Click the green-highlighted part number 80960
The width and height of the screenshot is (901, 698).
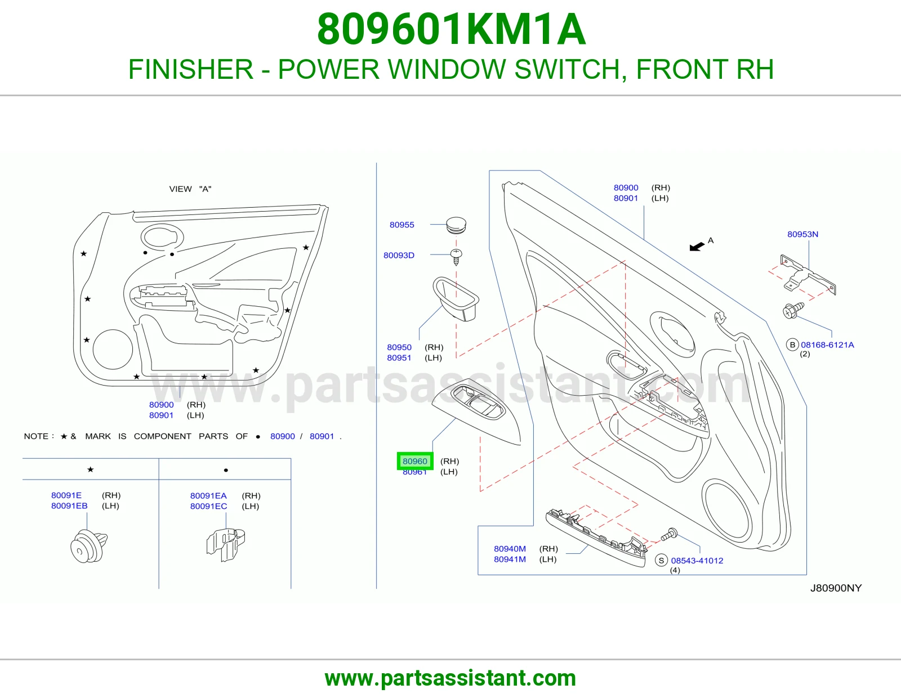click(x=414, y=461)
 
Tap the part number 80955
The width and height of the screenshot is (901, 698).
click(x=402, y=225)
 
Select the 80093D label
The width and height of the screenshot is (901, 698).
click(x=399, y=256)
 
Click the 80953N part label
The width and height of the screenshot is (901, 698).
click(x=802, y=234)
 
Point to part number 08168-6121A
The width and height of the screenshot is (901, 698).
click(x=827, y=345)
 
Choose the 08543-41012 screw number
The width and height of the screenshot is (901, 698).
click(x=697, y=561)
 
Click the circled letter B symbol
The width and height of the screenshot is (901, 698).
click(x=792, y=345)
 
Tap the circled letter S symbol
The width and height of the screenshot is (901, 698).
click(x=661, y=561)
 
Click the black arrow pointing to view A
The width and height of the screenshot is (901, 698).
click(x=697, y=247)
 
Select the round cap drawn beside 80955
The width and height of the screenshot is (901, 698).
click(x=456, y=225)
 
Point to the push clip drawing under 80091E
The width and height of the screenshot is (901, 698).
click(x=89, y=545)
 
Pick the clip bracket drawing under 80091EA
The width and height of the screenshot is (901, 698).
click(x=226, y=545)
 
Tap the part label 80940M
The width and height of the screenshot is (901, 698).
click(x=510, y=548)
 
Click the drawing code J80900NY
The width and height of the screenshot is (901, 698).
click(x=836, y=588)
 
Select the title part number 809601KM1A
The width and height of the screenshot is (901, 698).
click(x=451, y=29)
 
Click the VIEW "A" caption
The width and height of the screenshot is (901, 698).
click(x=190, y=189)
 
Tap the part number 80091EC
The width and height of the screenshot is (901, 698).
click(x=208, y=506)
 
